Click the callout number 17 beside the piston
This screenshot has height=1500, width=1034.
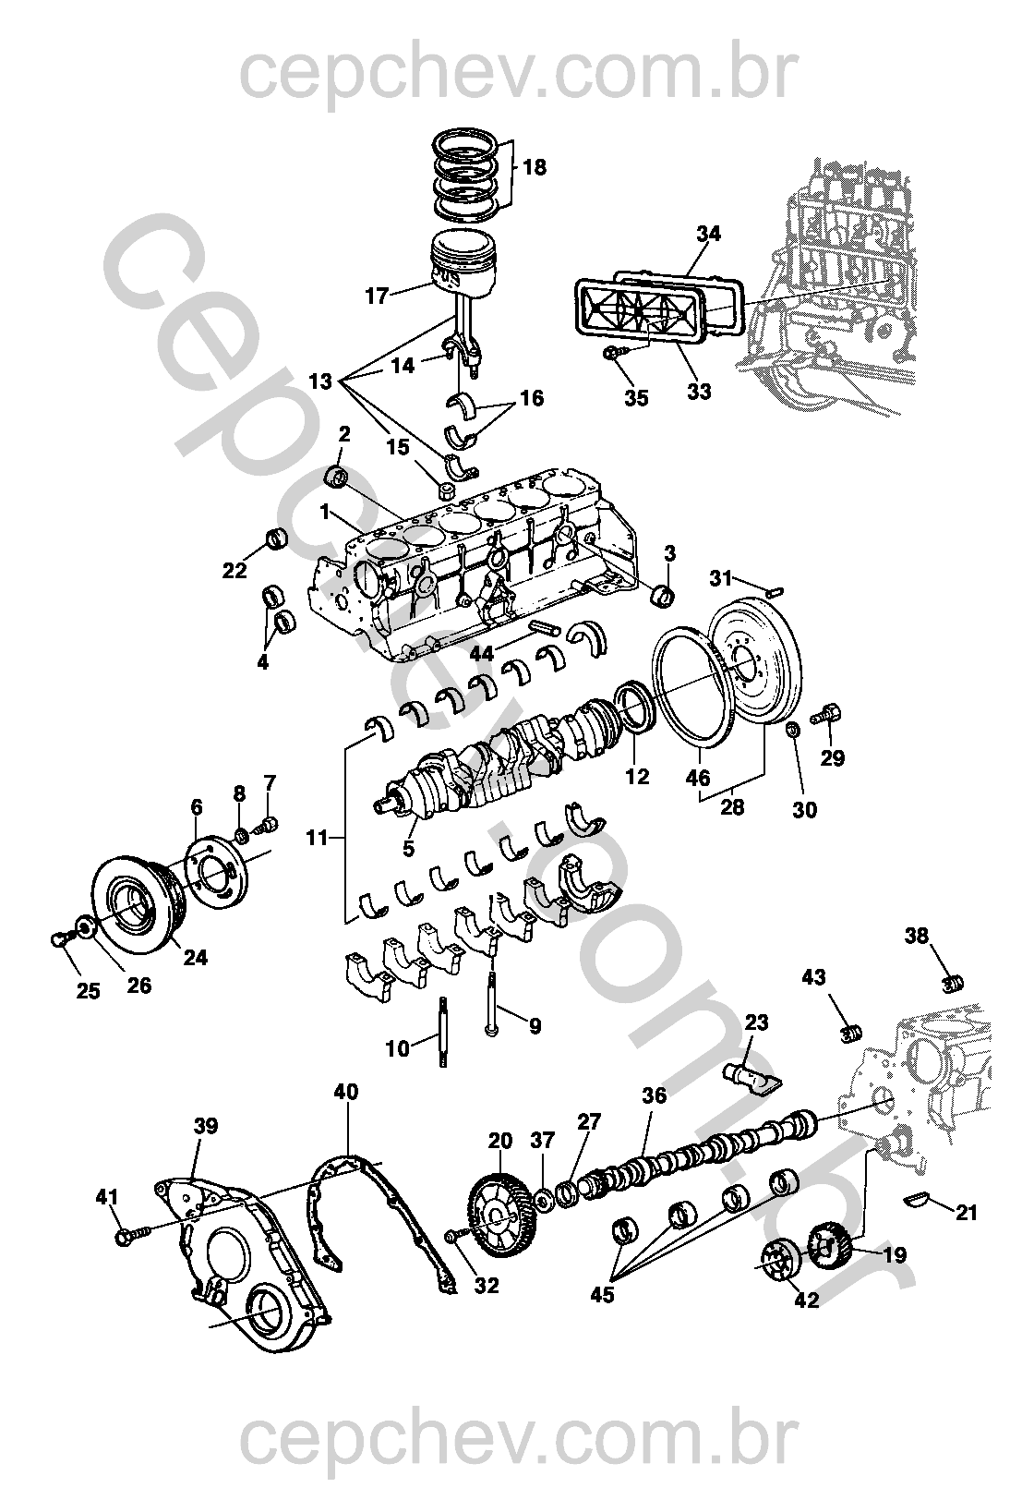tap(376, 296)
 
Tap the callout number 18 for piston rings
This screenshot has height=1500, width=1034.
tap(535, 167)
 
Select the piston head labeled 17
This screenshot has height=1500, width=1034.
tap(465, 260)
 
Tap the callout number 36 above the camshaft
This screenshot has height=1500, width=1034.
tap(654, 1095)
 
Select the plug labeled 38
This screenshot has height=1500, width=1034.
tap(952, 982)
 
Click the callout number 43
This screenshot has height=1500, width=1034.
tap(814, 977)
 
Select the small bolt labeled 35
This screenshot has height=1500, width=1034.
tap(614, 353)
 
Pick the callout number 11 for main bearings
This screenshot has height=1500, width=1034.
tap(318, 838)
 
